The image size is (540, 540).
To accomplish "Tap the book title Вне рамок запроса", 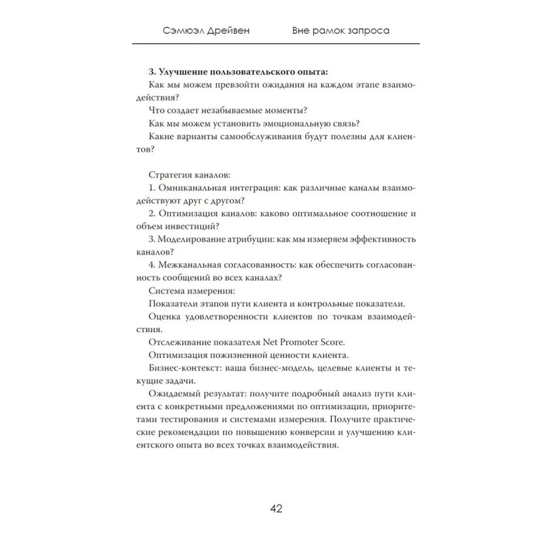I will pyautogui.click(x=342, y=31).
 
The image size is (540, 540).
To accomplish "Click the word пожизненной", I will pyautogui.click(x=236, y=356).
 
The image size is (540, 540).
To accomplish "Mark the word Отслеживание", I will pyautogui.click(x=180, y=343).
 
